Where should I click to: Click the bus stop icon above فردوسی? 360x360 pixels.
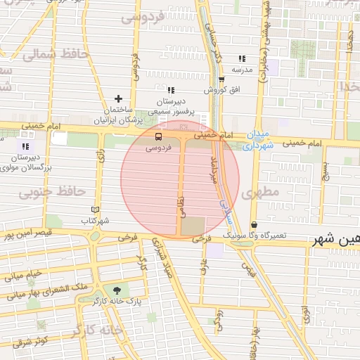pos(157,136)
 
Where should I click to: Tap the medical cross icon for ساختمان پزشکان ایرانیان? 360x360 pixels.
pos(118,98)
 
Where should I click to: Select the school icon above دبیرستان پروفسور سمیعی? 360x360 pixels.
pos(171,89)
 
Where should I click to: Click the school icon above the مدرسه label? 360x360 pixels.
pos(242,58)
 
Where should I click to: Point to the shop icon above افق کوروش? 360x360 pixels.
pos(221,79)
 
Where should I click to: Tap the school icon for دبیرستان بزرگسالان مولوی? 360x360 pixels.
pos(25,146)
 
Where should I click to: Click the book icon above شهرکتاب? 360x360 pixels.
pos(96,210)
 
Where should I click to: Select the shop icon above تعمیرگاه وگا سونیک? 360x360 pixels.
pos(253,224)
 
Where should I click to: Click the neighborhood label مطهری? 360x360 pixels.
pos(260,191)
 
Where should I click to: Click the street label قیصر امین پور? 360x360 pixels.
pos(26,234)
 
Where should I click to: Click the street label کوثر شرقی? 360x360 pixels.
pos(28,341)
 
